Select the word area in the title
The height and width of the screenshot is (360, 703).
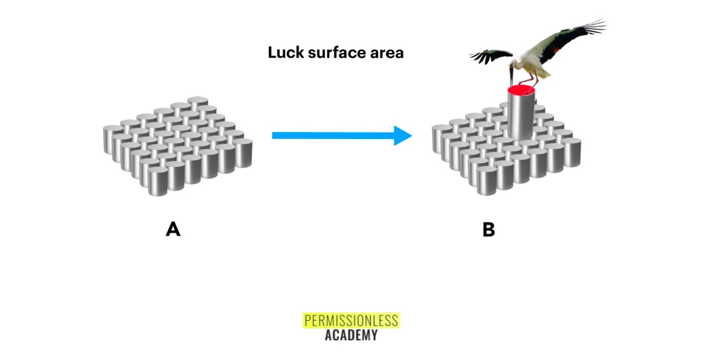click(386, 53)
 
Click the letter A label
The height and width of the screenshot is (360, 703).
click(173, 230)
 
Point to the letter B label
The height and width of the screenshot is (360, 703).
click(488, 230)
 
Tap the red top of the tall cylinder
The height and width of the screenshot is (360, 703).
click(521, 90)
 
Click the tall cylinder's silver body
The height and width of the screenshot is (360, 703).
click(520, 117)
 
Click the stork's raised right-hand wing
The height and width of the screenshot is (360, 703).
click(567, 40)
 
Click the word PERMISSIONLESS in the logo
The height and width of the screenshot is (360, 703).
click(351, 321)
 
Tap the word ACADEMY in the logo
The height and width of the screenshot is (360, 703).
click(351, 335)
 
